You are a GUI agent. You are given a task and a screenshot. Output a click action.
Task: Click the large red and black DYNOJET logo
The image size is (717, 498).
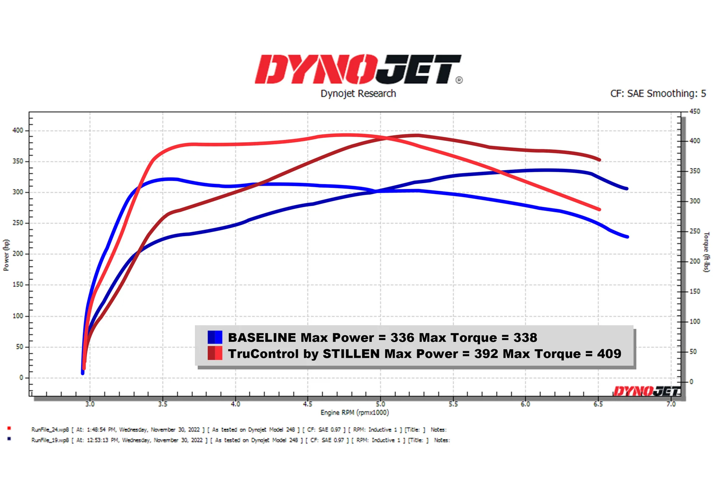coord(358,69)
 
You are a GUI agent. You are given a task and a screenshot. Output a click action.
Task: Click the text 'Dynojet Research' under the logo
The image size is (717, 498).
coord(358,94)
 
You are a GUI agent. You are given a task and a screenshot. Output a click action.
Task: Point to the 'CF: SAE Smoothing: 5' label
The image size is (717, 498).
coord(658,94)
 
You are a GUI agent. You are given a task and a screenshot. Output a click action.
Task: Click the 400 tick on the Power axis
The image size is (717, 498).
coord(18,130)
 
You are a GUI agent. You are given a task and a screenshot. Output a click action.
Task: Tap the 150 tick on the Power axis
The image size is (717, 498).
coord(18,285)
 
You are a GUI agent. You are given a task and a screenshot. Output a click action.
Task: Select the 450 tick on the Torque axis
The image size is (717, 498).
coord(695,112)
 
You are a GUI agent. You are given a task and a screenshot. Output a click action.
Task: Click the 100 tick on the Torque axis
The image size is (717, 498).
coord(695,321)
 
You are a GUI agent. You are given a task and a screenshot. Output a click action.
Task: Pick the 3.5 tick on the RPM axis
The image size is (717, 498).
coord(163,404)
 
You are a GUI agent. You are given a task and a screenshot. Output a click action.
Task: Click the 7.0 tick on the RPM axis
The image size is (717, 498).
coord(671,404)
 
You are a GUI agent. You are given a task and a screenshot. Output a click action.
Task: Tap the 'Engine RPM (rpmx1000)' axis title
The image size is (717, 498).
coord(355,412)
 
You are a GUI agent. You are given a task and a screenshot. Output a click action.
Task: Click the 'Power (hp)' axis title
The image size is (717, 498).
coord(6,255)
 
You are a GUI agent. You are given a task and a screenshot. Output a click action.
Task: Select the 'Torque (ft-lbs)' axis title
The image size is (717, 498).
coord(706,252)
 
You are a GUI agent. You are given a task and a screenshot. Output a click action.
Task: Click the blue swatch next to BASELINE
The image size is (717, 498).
coord(215,337)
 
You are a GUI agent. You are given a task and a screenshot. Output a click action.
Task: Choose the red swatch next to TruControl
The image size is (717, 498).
coord(215,353)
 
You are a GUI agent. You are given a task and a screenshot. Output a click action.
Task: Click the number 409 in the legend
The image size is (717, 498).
coord(609,354)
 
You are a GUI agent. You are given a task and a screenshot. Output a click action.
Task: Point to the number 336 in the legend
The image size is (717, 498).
coord(402,337)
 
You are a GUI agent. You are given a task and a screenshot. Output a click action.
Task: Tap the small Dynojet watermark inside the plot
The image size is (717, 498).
coord(646,391)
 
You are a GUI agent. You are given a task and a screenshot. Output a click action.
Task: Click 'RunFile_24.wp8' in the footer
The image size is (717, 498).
coord(50,430)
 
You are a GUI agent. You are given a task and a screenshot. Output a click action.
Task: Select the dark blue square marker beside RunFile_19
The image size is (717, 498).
coord(9,439)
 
